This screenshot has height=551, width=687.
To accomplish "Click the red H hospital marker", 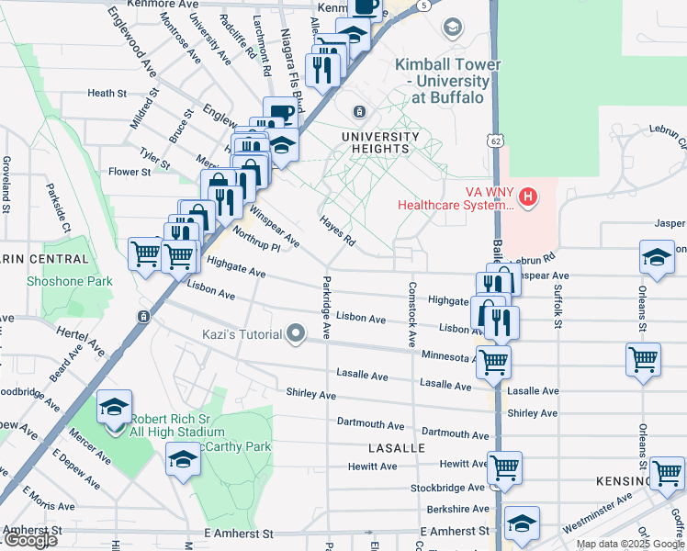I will click(x=527, y=196).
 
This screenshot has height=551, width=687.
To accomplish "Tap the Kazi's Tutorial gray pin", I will click(x=296, y=334).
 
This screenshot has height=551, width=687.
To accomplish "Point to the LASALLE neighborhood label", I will click(x=396, y=448).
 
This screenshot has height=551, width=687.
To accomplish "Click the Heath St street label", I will click(x=107, y=94).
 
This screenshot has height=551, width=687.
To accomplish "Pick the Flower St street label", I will click(x=129, y=172).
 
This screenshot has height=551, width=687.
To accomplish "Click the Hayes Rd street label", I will click(x=337, y=231).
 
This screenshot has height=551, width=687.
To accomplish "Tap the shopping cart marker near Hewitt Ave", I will click(x=505, y=467).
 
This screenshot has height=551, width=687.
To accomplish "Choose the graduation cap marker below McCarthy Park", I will click(x=183, y=458).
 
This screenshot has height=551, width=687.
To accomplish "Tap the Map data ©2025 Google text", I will click(x=630, y=544).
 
